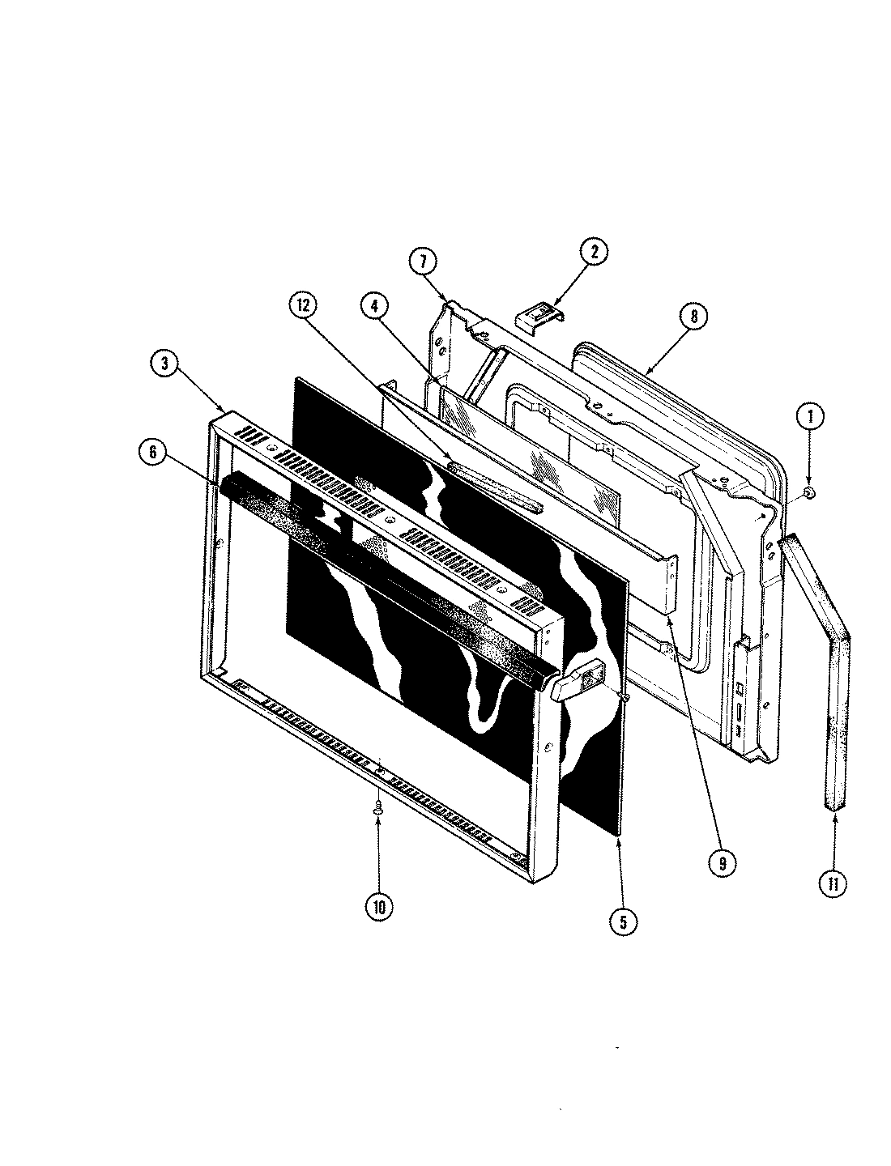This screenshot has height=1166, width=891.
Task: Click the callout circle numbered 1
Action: click(809, 417)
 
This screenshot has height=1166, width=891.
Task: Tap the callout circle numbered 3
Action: click(164, 364)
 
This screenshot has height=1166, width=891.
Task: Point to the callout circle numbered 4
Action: click(376, 306)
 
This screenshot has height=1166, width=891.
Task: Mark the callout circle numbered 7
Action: click(423, 262)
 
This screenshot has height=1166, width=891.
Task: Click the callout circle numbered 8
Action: click(693, 316)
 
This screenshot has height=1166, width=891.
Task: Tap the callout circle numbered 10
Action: click(379, 907)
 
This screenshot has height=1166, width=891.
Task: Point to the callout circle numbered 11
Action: click(833, 883)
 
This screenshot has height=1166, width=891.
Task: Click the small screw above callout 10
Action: click(377, 806)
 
